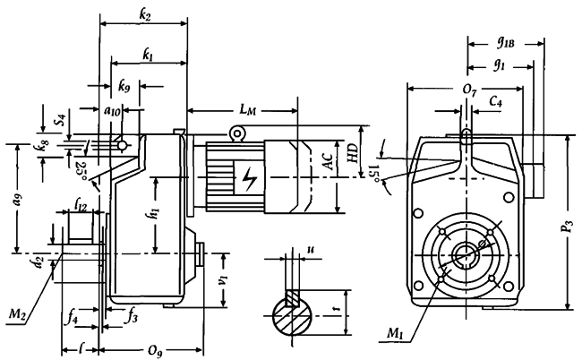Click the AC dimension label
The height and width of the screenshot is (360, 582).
tap(330, 165)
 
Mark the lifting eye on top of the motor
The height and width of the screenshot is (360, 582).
tap(237, 133)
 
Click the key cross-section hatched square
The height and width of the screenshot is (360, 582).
tap(292, 297)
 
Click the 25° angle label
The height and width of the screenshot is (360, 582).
tap(82, 167)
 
